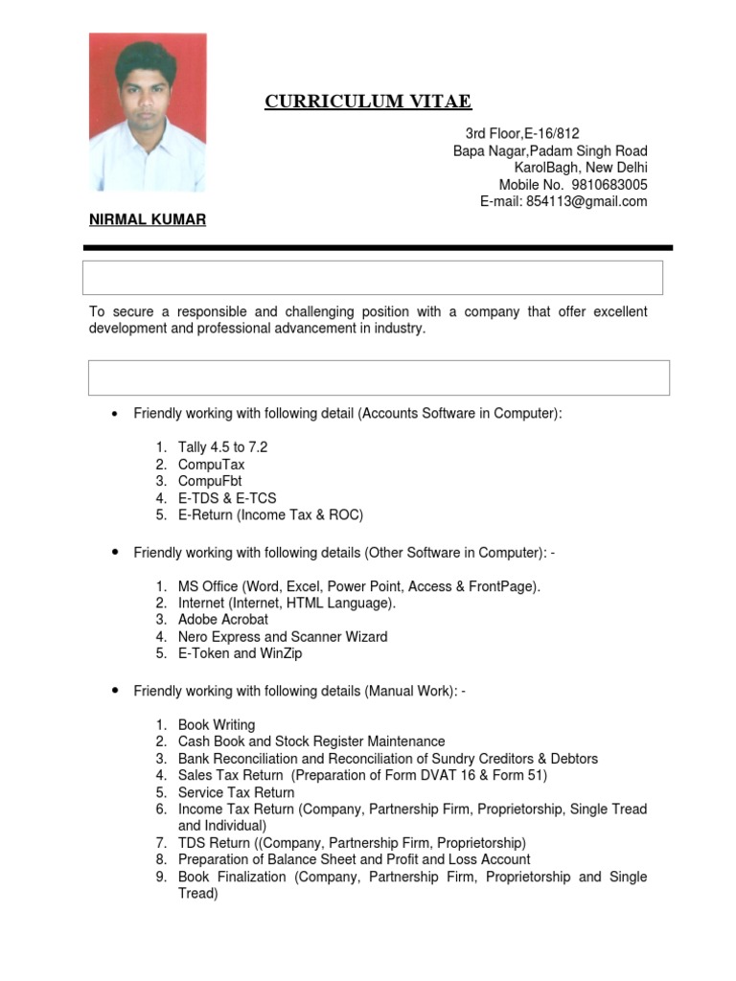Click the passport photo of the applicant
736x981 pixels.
pyautogui.click(x=148, y=112)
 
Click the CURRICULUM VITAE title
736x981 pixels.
pyautogui.click(x=368, y=103)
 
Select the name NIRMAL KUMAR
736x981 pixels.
pyautogui.click(x=148, y=219)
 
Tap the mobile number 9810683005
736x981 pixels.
pyautogui.click(x=609, y=185)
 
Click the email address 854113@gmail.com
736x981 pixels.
pyautogui.click(x=586, y=201)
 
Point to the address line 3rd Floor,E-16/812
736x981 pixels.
pyautogui.click(x=522, y=134)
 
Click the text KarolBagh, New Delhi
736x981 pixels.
pyautogui.click(x=581, y=168)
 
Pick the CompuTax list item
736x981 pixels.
pyautogui.click(x=211, y=465)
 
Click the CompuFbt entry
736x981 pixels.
pyautogui.click(x=210, y=481)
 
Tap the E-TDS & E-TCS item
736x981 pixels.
pyautogui.click(x=226, y=498)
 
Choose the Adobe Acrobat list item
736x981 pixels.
pyautogui.click(x=222, y=620)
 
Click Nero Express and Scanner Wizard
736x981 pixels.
pyautogui.click(x=283, y=637)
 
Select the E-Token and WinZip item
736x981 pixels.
pyautogui.click(x=240, y=653)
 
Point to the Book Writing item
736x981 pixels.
pyautogui.click(x=217, y=725)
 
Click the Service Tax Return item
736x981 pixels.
pyautogui.click(x=236, y=792)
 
